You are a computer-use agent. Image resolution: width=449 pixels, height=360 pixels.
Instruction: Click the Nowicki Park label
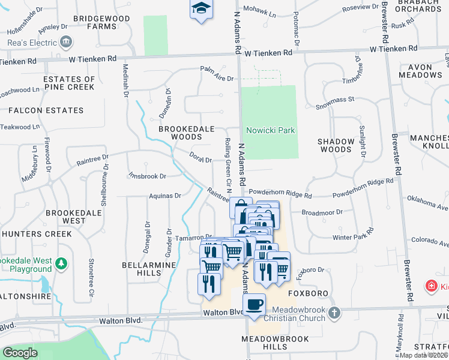tap(270, 130)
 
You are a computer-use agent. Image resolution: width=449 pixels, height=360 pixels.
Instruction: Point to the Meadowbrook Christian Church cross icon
tap(335, 313)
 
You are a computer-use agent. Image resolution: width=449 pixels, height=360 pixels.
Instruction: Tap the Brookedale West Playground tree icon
tap(61, 263)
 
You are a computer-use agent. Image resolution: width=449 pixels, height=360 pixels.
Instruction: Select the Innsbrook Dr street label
tap(146, 176)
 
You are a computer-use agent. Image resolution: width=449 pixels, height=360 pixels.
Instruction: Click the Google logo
tap(20, 353)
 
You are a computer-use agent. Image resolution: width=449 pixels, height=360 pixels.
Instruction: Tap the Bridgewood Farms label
tap(94, 23)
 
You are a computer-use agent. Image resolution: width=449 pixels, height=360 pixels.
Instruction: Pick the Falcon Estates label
tap(46, 110)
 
